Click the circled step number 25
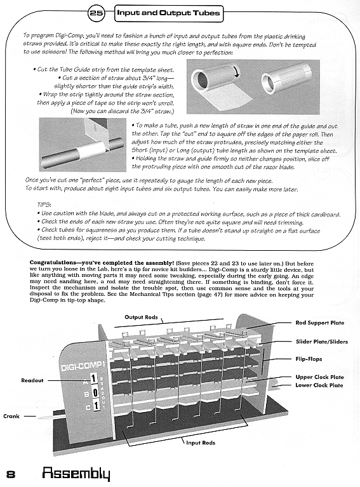pyautogui.click(x=97, y=13)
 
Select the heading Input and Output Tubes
pyautogui.click(x=168, y=13)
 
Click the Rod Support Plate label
pyautogui.click(x=319, y=323)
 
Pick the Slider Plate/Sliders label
pyautogui.click(x=322, y=342)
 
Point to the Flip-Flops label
pyautogui.click(x=309, y=359)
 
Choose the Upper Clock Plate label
pyautogui.click(x=319, y=377)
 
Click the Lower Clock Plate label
pyautogui.click(x=319, y=385)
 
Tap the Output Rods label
pyautogui.click(x=141, y=317)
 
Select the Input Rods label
pyautogui.click(x=201, y=443)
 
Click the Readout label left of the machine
pyautogui.click(x=32, y=380)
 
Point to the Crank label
pyautogui.click(x=11, y=416)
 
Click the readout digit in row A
pyautogui.click(x=93, y=379)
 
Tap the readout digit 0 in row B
pyautogui.click(x=95, y=392)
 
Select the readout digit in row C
pyautogui.click(x=96, y=405)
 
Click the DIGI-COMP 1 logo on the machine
pyautogui.click(x=82, y=366)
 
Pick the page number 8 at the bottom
pyautogui.click(x=11, y=475)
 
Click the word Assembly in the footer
pyautogui.click(x=76, y=474)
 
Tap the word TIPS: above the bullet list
pyautogui.click(x=44, y=204)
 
